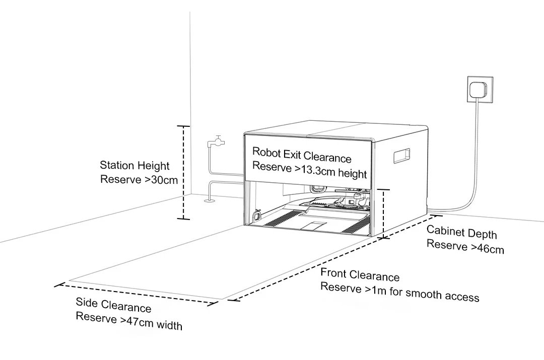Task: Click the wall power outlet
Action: click(x=480, y=90)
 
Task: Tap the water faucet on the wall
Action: click(x=215, y=141)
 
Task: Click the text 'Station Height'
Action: click(x=134, y=165)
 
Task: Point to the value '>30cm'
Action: click(x=161, y=179)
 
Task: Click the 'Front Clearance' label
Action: click(x=360, y=275)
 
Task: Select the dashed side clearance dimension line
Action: click(x=136, y=294)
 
